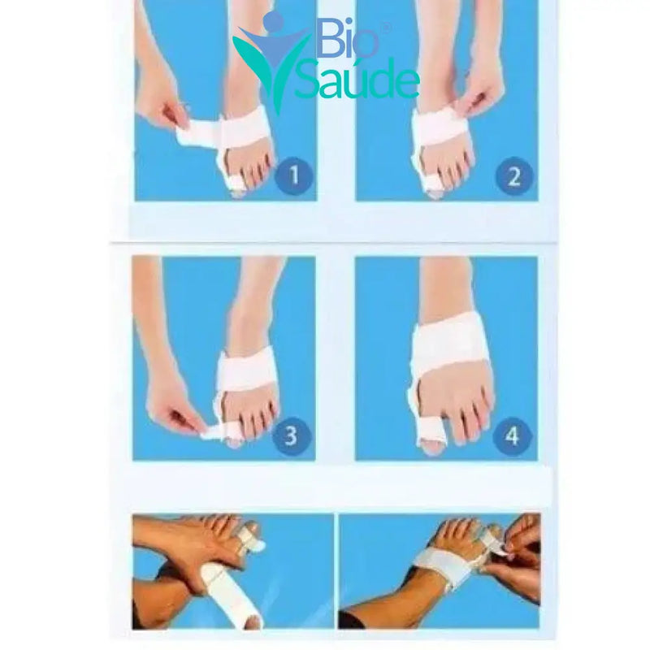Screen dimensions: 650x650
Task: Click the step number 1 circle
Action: click(294, 175)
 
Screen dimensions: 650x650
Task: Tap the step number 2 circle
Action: click(514, 175)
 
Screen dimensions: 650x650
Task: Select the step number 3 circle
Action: click(291, 435)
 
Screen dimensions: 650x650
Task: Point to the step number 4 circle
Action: click(512, 435)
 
